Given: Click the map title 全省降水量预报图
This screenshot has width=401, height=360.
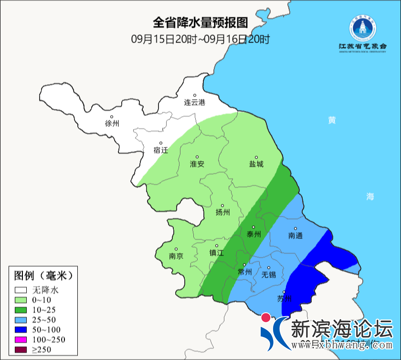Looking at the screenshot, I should click(200, 23).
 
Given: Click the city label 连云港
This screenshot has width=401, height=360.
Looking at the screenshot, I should click(195, 102).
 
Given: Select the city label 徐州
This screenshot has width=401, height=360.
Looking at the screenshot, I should click(112, 123).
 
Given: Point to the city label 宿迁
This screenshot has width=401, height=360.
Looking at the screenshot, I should click(161, 150).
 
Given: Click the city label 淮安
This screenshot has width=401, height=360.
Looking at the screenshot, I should click(197, 164).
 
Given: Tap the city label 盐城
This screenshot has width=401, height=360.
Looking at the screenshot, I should click(256, 164).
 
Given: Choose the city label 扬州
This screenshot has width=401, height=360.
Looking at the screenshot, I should click(223, 212).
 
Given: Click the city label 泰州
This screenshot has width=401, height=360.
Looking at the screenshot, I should click(253, 234).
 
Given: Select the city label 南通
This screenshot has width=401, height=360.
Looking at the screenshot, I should click(295, 235).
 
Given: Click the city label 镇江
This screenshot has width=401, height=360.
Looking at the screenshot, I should click(217, 253).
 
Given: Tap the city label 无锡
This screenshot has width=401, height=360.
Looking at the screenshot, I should click(269, 275).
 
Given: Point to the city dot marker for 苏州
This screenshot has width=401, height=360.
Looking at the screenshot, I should click(284, 292).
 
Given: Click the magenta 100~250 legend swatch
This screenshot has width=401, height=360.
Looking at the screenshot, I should click(21, 339).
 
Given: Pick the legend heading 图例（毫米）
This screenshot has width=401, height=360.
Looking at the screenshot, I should click(43, 275).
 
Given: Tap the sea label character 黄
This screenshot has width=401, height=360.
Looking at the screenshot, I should click(331, 120).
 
